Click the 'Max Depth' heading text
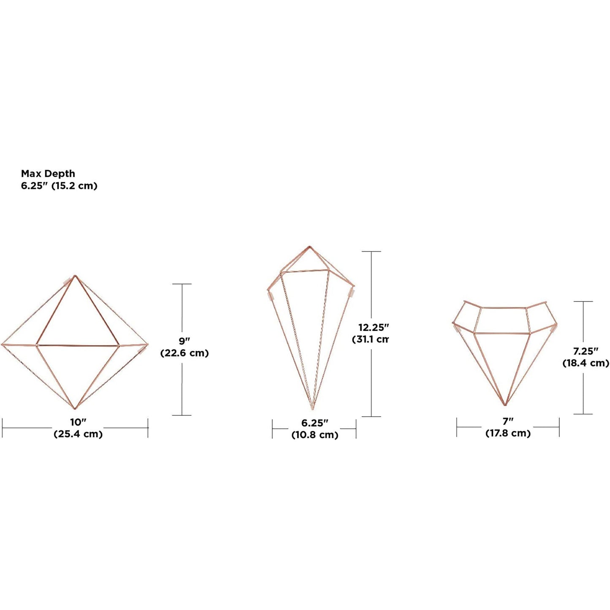(x=48, y=174)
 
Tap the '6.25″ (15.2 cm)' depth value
(x=59, y=186)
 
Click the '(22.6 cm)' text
(x=184, y=353)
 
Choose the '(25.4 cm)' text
(x=78, y=434)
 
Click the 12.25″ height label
(x=373, y=327)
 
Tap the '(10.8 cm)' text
(x=314, y=435)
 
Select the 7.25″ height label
(x=586, y=351)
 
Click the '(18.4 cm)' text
(x=586, y=363)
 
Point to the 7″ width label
(x=507, y=420)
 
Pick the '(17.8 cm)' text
(x=507, y=433)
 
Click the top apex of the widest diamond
(x=75, y=276)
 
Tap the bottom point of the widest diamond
(x=75, y=409)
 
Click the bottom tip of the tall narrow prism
(x=312, y=409)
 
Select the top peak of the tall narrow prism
(x=310, y=246)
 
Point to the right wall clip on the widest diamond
(x=142, y=350)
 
